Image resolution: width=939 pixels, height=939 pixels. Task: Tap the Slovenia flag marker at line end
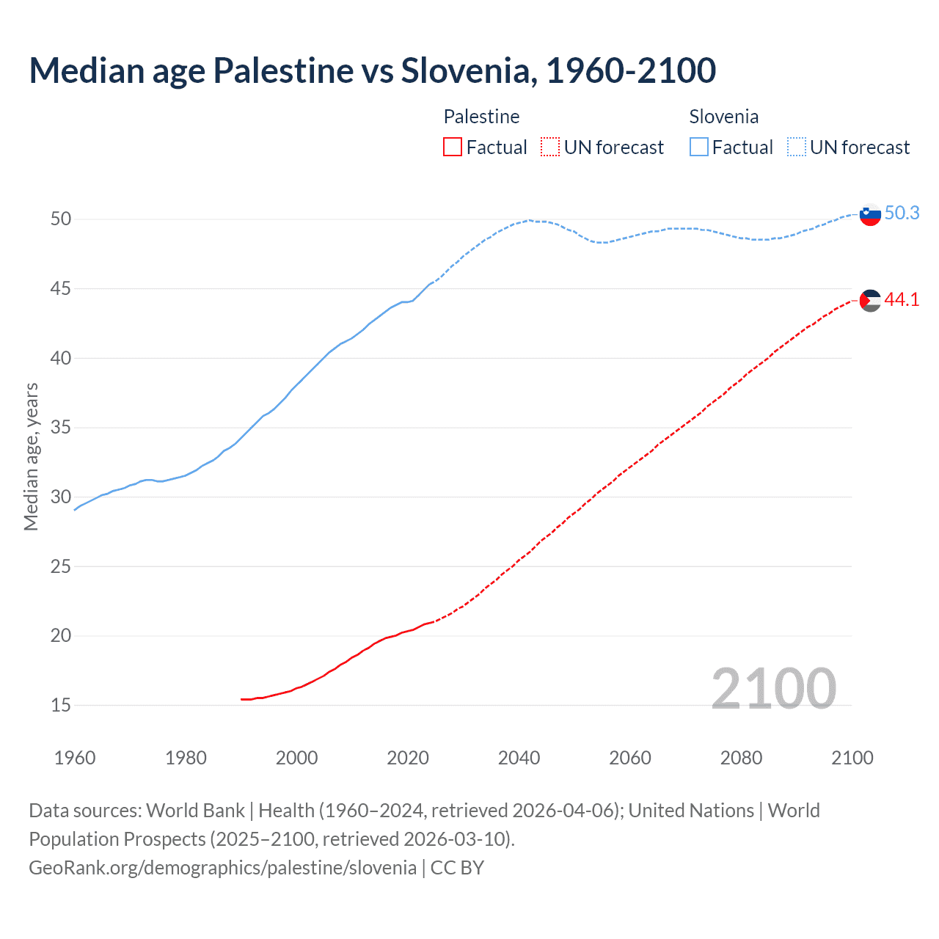869,214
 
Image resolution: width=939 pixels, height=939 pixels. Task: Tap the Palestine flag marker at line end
869,300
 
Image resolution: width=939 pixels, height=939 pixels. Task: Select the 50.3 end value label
902,213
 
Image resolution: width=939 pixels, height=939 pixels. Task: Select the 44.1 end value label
902,299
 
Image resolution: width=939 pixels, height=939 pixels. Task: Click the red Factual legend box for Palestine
453,147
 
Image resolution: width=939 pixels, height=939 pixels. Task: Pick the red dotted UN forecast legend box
550,147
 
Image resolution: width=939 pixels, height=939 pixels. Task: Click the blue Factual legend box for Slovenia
699,147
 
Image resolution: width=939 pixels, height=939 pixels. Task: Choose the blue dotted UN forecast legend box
797,147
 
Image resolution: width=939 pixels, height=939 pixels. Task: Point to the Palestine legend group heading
481,117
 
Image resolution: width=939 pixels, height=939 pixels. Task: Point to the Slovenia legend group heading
723,117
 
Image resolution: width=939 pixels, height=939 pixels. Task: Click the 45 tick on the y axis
61,289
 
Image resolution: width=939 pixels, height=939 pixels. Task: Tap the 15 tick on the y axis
61,706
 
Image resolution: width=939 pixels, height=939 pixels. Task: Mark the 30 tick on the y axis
61,497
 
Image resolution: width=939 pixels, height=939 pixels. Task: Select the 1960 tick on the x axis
75,758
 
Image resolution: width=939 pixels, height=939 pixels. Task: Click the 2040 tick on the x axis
519,758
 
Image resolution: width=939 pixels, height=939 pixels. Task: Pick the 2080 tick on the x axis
741,758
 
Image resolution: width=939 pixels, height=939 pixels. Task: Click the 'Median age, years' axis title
31,456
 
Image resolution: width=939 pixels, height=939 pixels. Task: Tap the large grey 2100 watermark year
773,688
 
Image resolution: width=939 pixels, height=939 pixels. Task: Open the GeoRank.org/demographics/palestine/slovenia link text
222,868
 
